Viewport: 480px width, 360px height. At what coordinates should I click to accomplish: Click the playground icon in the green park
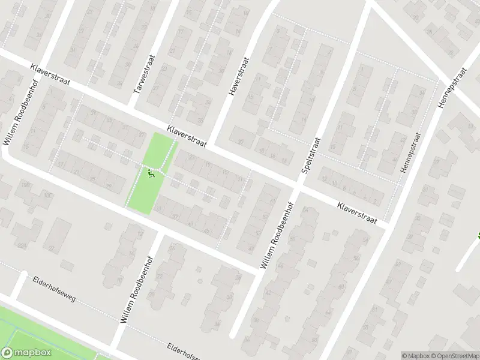pos(151,173)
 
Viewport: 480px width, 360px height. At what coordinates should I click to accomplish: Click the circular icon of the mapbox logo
pos(7,352)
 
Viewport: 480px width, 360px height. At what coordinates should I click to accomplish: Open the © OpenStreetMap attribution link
pos(454,356)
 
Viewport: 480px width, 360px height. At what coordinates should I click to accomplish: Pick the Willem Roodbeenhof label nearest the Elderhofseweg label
pos(136,290)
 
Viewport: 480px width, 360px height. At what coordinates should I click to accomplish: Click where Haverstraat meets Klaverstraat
pos(212,142)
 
